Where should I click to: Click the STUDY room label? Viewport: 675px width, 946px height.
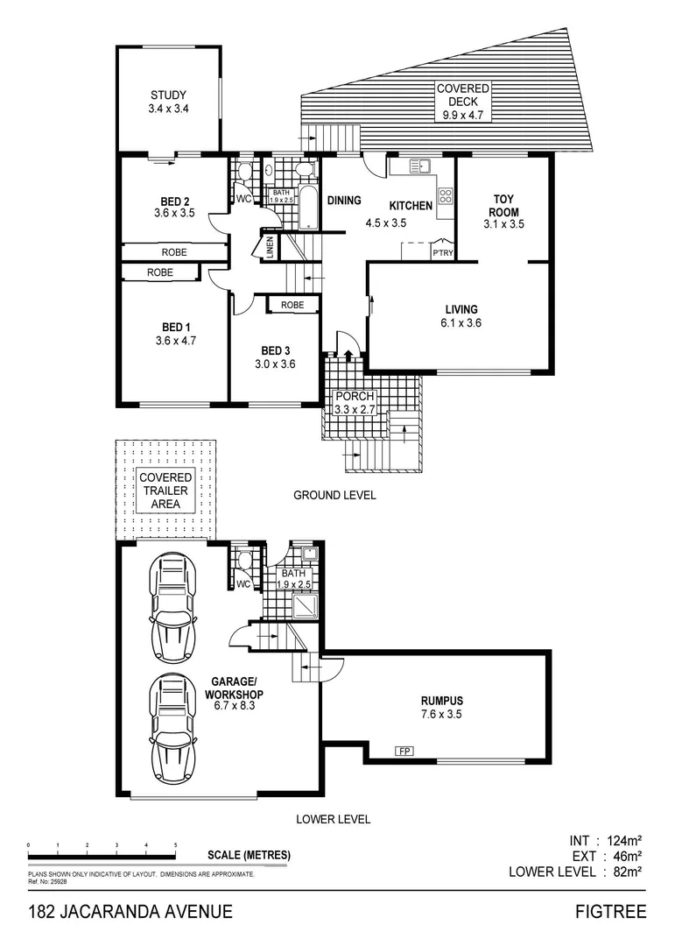[168, 95]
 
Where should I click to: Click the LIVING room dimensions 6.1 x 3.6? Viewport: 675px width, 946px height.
[461, 323]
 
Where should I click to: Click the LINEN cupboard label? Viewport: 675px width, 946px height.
[271, 247]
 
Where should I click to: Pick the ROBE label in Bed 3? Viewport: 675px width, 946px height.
[292, 305]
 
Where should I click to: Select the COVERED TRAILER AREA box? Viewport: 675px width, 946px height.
[165, 490]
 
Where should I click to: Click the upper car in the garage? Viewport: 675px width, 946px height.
[174, 607]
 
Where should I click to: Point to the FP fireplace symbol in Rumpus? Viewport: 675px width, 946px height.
[404, 752]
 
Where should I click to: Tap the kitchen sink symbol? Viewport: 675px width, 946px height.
[419, 165]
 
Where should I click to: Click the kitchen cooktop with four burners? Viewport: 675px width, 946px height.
[446, 197]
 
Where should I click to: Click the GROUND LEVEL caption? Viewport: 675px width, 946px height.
[334, 495]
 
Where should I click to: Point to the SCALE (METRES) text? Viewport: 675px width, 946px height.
[250, 856]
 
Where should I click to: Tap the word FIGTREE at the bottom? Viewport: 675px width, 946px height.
[610, 912]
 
